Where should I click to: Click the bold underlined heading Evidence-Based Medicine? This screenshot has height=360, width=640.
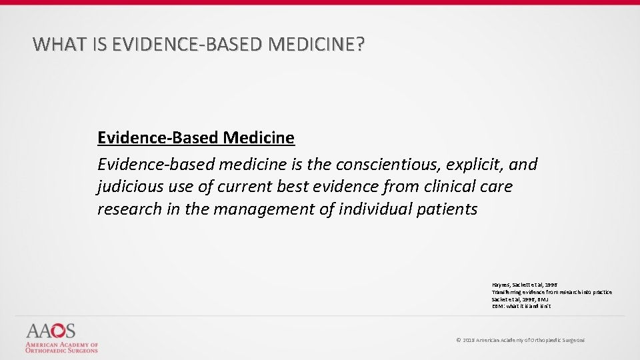195,138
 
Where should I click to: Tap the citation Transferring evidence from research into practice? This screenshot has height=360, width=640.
551,292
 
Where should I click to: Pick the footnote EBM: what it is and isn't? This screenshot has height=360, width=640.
521,307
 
